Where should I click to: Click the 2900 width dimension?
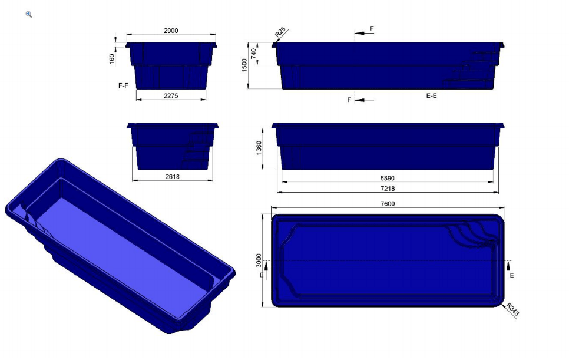(x=171, y=30)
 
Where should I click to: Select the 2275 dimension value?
(x=171, y=95)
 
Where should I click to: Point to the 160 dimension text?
(x=112, y=60)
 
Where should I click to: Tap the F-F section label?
(x=123, y=85)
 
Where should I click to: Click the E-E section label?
(x=431, y=95)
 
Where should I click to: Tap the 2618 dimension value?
(x=173, y=176)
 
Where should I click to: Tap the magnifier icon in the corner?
(x=29, y=14)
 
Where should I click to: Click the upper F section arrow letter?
(x=372, y=28)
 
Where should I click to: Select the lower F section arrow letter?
(x=349, y=100)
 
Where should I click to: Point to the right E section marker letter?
(x=512, y=275)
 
